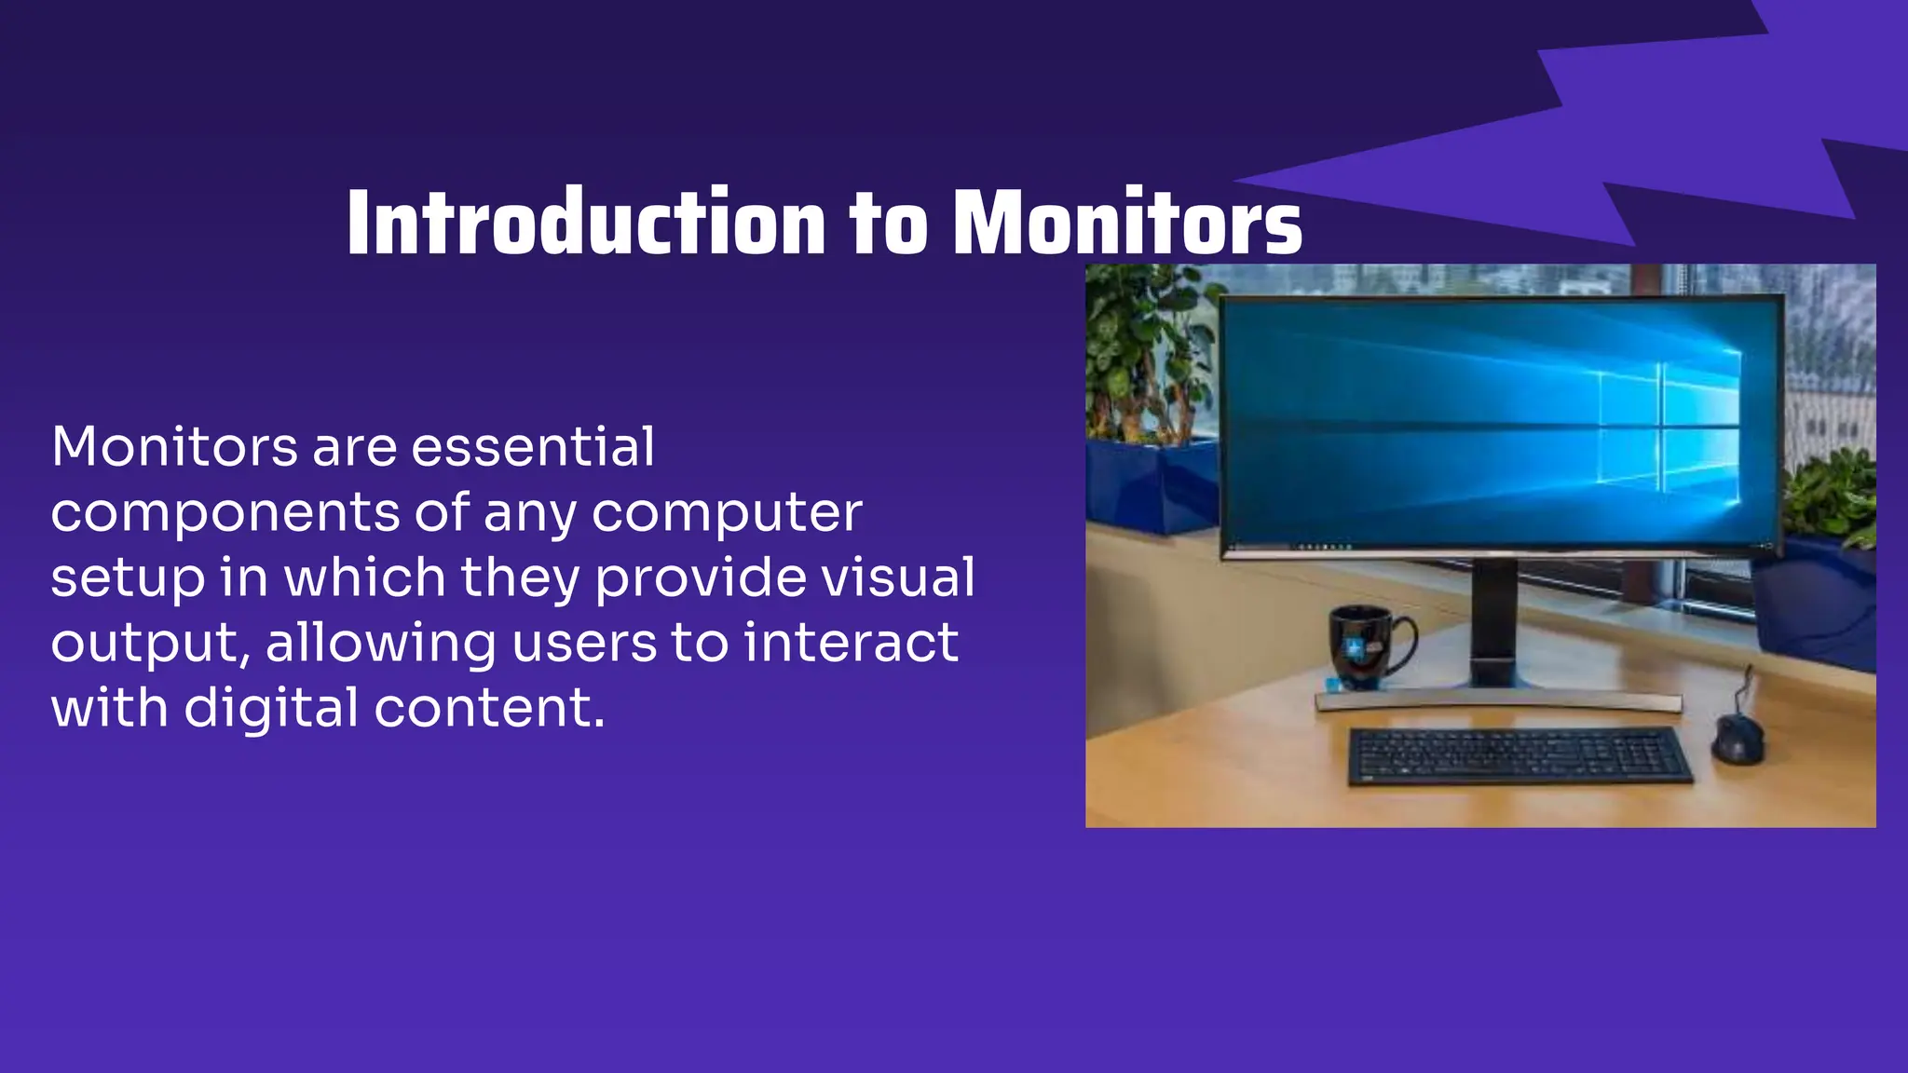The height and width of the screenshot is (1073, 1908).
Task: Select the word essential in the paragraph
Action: click(533, 447)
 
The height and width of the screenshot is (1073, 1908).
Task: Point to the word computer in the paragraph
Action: click(727, 513)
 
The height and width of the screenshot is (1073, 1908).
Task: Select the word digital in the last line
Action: click(270, 708)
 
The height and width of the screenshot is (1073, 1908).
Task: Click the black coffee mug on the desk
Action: click(1362, 646)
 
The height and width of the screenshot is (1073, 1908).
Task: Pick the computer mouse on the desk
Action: click(1738, 740)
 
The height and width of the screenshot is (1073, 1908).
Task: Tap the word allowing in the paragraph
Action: click(381, 644)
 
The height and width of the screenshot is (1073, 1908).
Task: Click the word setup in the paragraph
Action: click(128, 578)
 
